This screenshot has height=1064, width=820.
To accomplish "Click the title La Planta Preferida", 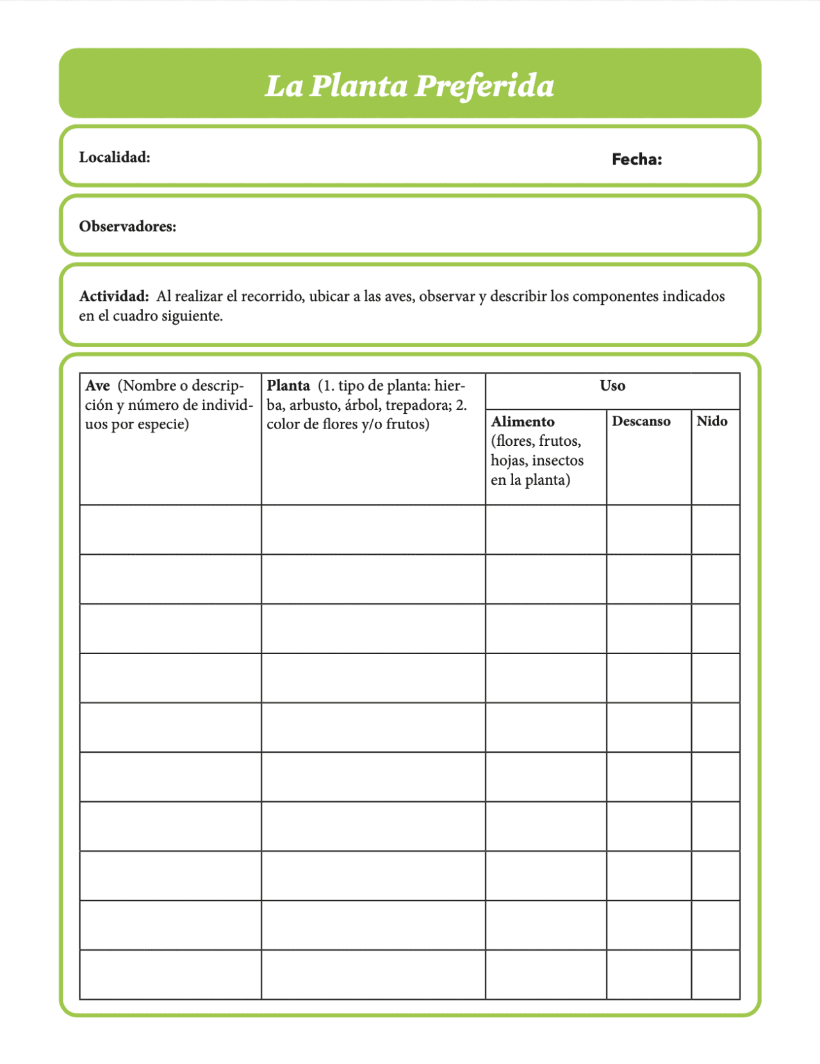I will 409,86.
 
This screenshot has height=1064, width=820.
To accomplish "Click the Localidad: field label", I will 115,158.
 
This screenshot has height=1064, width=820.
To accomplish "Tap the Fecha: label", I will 636,160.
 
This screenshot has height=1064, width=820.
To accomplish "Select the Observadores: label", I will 127,227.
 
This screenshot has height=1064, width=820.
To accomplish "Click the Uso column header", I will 612,386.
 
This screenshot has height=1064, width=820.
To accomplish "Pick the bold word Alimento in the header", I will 523,422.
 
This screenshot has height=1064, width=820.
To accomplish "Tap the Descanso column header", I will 641,422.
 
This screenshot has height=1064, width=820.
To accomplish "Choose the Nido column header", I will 712,422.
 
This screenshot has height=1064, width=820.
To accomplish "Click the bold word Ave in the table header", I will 97,386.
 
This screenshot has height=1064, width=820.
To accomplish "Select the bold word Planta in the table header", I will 288,386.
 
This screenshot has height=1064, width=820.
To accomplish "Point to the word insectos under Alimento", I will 557,461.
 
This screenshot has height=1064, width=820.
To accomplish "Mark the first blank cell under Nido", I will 715,530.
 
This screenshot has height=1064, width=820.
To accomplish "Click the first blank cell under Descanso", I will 648,530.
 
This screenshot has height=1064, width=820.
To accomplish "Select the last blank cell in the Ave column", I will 170,974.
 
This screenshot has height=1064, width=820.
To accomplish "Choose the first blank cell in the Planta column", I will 373,530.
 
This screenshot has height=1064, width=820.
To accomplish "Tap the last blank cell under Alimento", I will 546,974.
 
